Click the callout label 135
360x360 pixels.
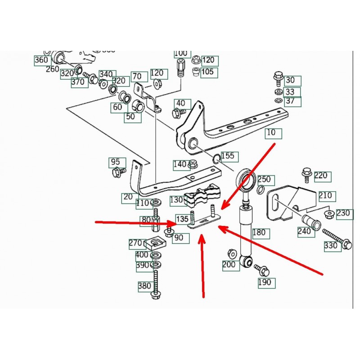click(182, 219)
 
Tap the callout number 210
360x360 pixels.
click(325, 196)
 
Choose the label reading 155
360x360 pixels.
click(227, 157)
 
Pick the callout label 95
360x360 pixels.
click(115, 162)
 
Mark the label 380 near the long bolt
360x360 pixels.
click(144, 285)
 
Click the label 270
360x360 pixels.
click(135, 244)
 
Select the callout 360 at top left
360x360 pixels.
click(41, 60)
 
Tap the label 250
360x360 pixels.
click(264, 180)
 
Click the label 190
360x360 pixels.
click(264, 283)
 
